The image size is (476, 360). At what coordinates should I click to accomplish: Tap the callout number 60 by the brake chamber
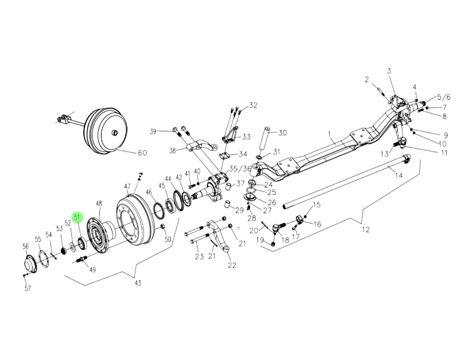click(142, 153)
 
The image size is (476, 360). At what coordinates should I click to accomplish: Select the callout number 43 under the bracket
click(138, 283)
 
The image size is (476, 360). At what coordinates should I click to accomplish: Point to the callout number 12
click(366, 230)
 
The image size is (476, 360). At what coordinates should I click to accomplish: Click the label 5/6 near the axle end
click(443, 97)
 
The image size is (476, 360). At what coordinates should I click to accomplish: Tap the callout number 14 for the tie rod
click(399, 175)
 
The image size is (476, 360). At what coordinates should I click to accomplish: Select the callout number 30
click(283, 133)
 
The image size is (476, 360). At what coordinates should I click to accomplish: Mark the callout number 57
click(27, 289)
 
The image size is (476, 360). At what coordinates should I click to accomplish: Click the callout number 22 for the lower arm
click(232, 265)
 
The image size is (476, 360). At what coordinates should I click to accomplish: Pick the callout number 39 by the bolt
click(153, 131)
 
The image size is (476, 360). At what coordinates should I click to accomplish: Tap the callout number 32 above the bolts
click(253, 105)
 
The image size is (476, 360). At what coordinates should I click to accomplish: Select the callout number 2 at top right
click(367, 79)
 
